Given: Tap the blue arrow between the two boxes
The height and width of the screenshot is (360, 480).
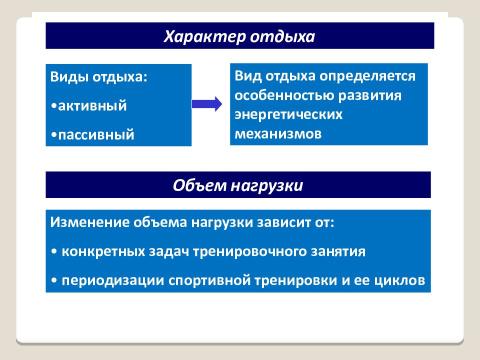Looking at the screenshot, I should [x=207, y=104].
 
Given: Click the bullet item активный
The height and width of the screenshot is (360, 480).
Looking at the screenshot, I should [x=91, y=106].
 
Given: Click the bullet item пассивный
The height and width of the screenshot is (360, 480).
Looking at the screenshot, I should [x=95, y=135].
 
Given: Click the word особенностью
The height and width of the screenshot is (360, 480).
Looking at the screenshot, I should [x=284, y=95].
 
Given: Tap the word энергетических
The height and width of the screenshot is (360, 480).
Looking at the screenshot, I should [x=288, y=114].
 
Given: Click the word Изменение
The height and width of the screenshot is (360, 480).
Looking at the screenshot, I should [x=88, y=222].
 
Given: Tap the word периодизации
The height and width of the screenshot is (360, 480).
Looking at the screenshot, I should [x=107, y=280].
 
